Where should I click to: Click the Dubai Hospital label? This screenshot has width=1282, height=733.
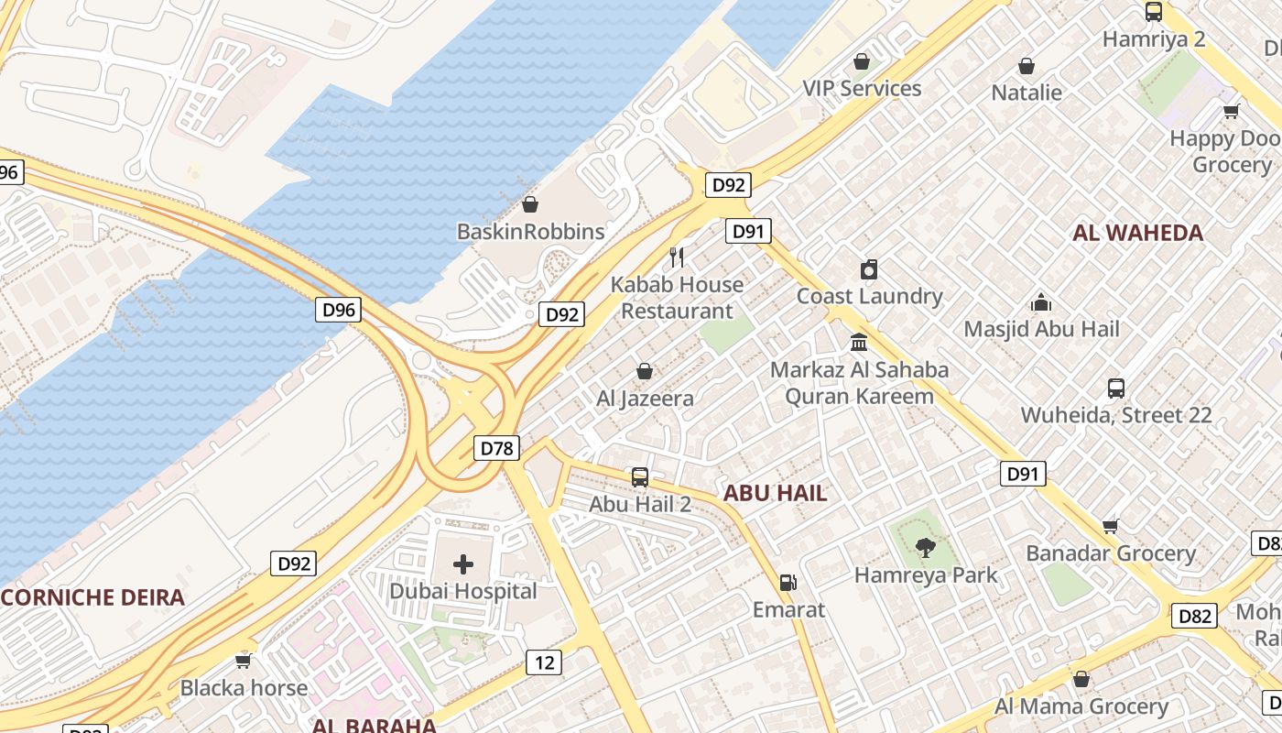[x=463, y=591]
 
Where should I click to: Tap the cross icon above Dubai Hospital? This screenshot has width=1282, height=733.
[x=463, y=563]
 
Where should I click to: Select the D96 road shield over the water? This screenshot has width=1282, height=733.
[x=339, y=310]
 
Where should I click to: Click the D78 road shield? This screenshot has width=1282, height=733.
[x=497, y=448]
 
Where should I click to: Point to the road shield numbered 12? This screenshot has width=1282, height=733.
[x=544, y=662]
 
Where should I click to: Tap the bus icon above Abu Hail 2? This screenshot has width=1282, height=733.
[x=640, y=477]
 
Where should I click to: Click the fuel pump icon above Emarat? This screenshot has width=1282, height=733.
[x=787, y=583]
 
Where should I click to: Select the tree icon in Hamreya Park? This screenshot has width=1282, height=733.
[x=926, y=548]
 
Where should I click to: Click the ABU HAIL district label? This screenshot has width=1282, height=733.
[x=775, y=493]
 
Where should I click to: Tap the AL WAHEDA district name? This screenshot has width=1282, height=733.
[x=1137, y=233]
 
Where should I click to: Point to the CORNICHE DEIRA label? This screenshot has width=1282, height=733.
[x=92, y=598]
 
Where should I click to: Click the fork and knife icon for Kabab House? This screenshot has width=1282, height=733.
[x=677, y=257]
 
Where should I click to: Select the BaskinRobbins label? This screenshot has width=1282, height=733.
[x=530, y=232]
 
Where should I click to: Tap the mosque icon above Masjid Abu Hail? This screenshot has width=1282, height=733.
[x=1041, y=302]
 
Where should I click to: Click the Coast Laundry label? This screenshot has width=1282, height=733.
[x=869, y=296]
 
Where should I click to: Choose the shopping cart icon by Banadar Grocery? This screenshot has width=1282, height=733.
[x=1111, y=526]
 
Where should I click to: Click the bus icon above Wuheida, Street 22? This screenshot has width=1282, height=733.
[x=1116, y=388]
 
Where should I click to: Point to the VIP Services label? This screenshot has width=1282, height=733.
[x=862, y=88]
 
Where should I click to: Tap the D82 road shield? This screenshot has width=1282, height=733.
[x=1195, y=616]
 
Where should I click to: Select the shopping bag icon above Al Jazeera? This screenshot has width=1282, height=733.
[x=645, y=371]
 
